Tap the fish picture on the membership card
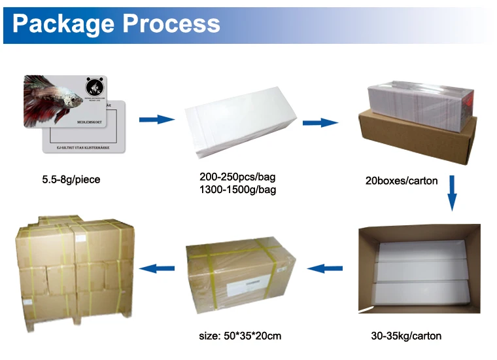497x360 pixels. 49,98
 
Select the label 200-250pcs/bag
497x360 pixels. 237,177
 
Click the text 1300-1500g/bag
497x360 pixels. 237,190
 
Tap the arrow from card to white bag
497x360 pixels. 157,119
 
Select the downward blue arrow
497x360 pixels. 452,192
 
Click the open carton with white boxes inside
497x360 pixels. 419,269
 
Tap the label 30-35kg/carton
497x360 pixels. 406,336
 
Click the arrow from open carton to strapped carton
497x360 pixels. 325,268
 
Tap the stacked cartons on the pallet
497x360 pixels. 74,271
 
